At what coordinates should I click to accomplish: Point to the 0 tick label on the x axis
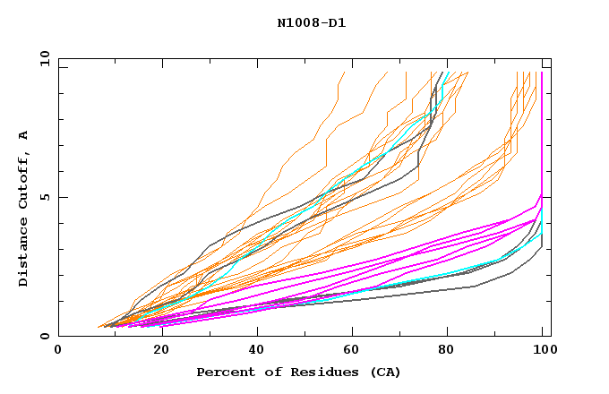click(59, 350)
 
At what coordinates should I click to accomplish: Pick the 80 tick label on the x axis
click(446, 350)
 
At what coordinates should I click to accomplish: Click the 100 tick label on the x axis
click(543, 350)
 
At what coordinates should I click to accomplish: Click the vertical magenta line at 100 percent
click(542, 134)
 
